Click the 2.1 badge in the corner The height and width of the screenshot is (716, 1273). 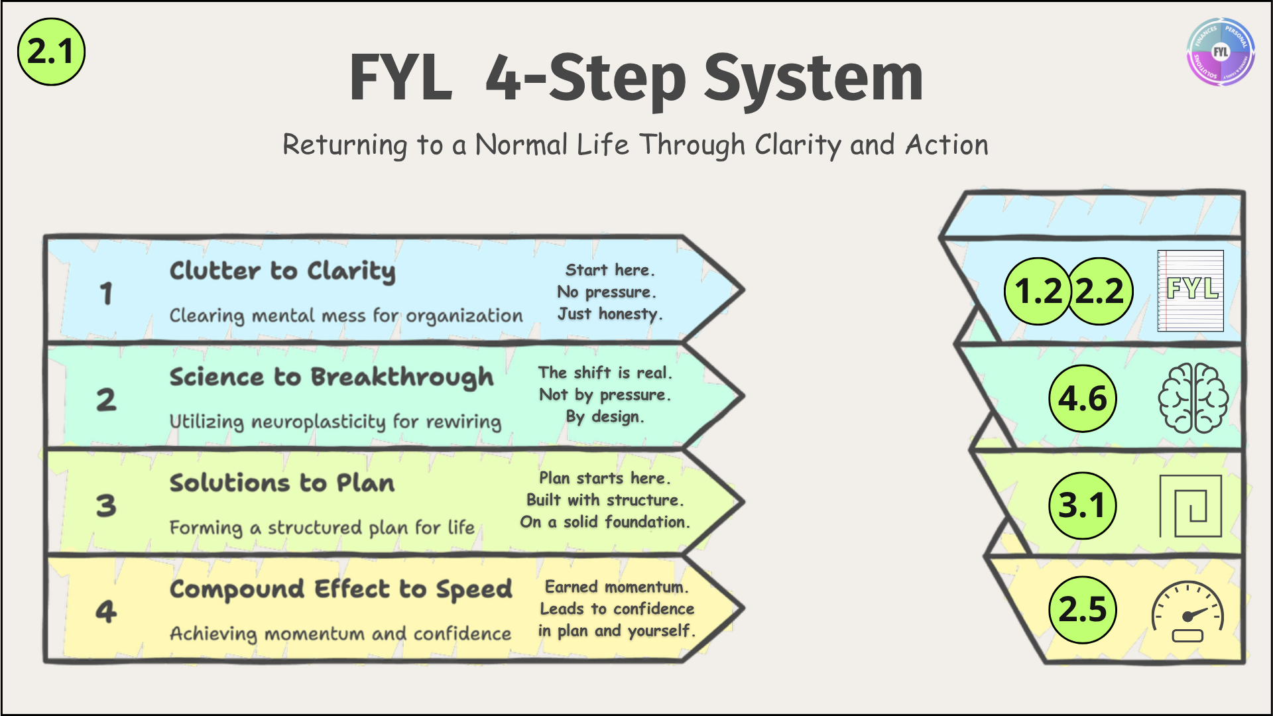pos(51,52)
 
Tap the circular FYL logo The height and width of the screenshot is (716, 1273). pos(1220,52)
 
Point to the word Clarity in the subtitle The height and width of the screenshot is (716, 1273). pos(798,145)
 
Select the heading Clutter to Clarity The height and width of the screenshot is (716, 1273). pos(282,271)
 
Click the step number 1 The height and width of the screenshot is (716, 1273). pos(106,293)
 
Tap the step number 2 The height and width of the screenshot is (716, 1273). pos(106,399)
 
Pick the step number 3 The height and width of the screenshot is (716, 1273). pos(106,505)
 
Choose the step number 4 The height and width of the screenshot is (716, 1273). pos(106,611)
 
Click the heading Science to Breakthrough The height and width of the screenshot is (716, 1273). pos(332,377)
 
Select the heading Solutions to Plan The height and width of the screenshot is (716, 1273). pos(282,483)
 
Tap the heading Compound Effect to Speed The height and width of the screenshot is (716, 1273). pos(341,589)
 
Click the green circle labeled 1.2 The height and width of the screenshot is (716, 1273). pos(1038,291)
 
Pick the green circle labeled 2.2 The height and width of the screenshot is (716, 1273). pos(1100,291)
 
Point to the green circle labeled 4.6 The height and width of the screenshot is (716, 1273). pos(1083,398)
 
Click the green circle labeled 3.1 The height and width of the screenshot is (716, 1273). pos(1083,505)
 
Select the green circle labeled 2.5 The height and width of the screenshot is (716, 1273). pos(1083,609)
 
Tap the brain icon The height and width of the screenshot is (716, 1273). pos(1193,398)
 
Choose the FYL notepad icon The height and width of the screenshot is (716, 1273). pos(1191,290)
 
